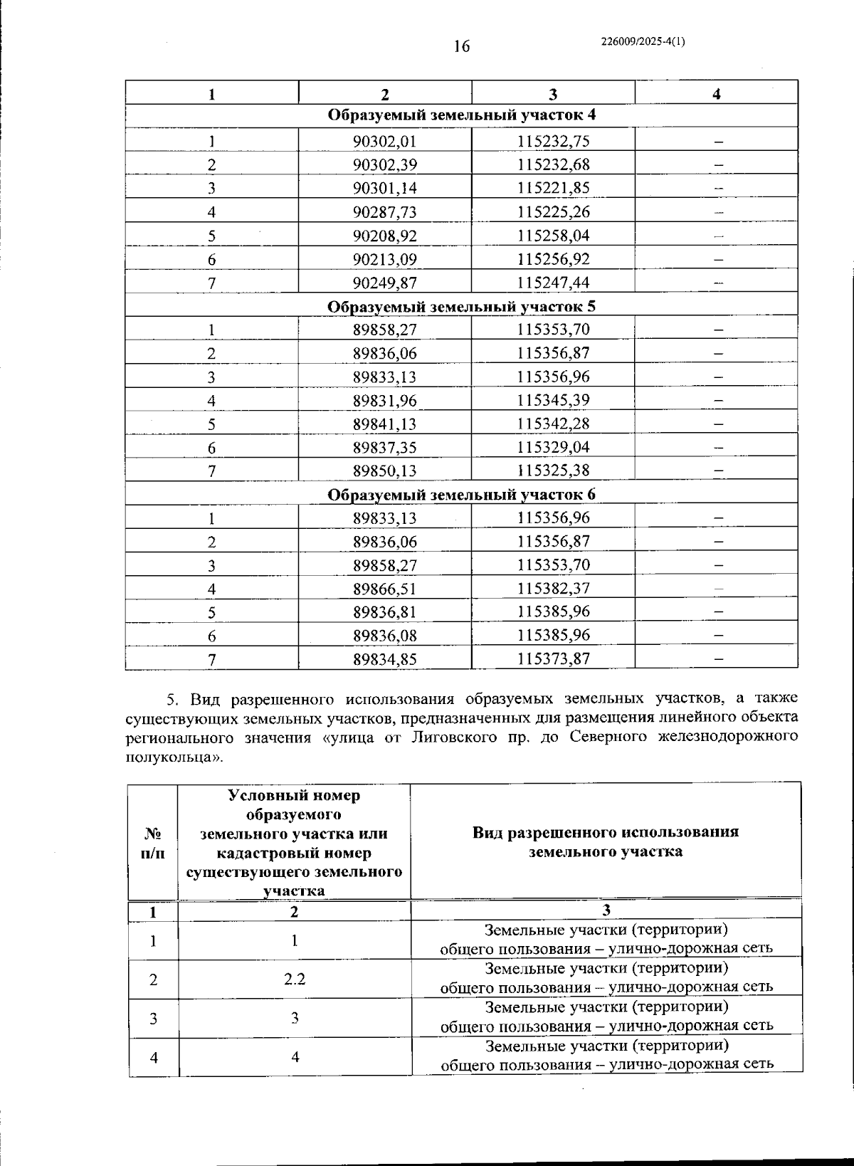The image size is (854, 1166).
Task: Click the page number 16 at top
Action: tap(461, 47)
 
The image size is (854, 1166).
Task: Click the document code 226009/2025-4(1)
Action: tap(643, 41)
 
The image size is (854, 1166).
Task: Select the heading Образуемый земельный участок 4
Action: tap(461, 115)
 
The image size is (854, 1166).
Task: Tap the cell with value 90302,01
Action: tap(384, 141)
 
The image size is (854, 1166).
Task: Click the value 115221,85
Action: tap(553, 188)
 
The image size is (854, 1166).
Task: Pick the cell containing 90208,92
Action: tap(384, 236)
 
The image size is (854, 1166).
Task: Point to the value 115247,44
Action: tap(553, 283)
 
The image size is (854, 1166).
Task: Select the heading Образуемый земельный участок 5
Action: tap(461, 306)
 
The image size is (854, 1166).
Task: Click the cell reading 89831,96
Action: tap(384, 400)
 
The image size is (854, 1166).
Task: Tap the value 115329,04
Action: tap(553, 447)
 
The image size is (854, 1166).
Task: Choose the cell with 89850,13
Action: tap(384, 471)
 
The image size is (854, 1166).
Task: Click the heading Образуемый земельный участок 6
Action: tap(461, 495)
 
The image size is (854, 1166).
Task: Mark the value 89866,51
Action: tap(384, 589)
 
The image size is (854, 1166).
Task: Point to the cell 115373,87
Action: tap(553, 658)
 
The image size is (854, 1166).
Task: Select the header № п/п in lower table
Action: tap(152, 842)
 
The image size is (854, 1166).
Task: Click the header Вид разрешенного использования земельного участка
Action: tap(606, 841)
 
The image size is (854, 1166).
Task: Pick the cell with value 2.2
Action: tap(295, 979)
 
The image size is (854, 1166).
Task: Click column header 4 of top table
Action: tap(716, 94)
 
